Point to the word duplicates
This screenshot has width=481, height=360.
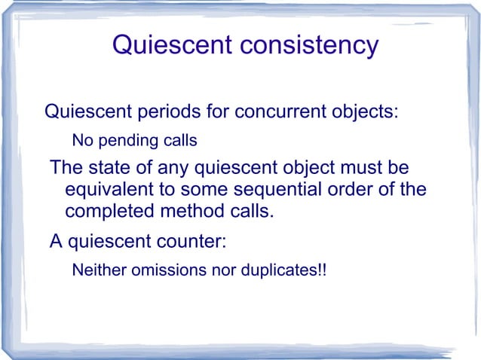coord(279,270)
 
